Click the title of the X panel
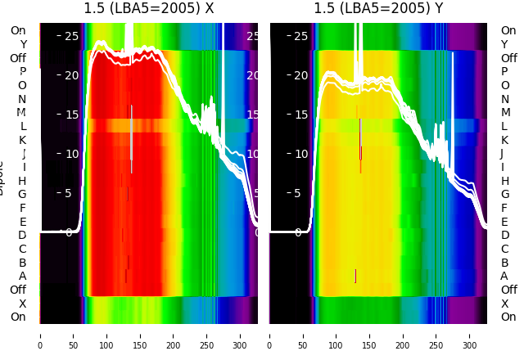click(x=149, y=8)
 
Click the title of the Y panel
click(x=378, y=8)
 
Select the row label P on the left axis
click(x=23, y=72)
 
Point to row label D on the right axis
click(x=504, y=236)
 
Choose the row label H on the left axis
click(x=23, y=181)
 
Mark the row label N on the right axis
click(x=504, y=99)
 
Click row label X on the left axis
click(x=23, y=304)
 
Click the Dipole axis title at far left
click(x=2, y=177)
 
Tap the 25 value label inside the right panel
click(x=301, y=36)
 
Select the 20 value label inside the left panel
click(x=71, y=75)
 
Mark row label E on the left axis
click(x=23, y=222)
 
